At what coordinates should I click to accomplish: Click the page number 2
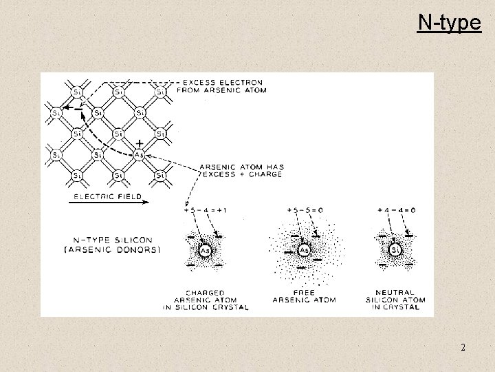463,347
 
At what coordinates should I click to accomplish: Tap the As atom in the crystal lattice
139,154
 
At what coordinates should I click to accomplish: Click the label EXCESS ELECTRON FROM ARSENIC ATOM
221,86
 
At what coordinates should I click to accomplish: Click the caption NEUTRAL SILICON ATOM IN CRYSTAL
396,300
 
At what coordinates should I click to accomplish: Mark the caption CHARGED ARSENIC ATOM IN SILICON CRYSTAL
205,300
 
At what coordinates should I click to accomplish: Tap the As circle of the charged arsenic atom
204,251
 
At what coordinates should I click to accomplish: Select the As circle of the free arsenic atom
303,251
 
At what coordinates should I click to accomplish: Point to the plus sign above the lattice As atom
140,143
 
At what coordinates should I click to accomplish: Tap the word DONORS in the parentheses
138,249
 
